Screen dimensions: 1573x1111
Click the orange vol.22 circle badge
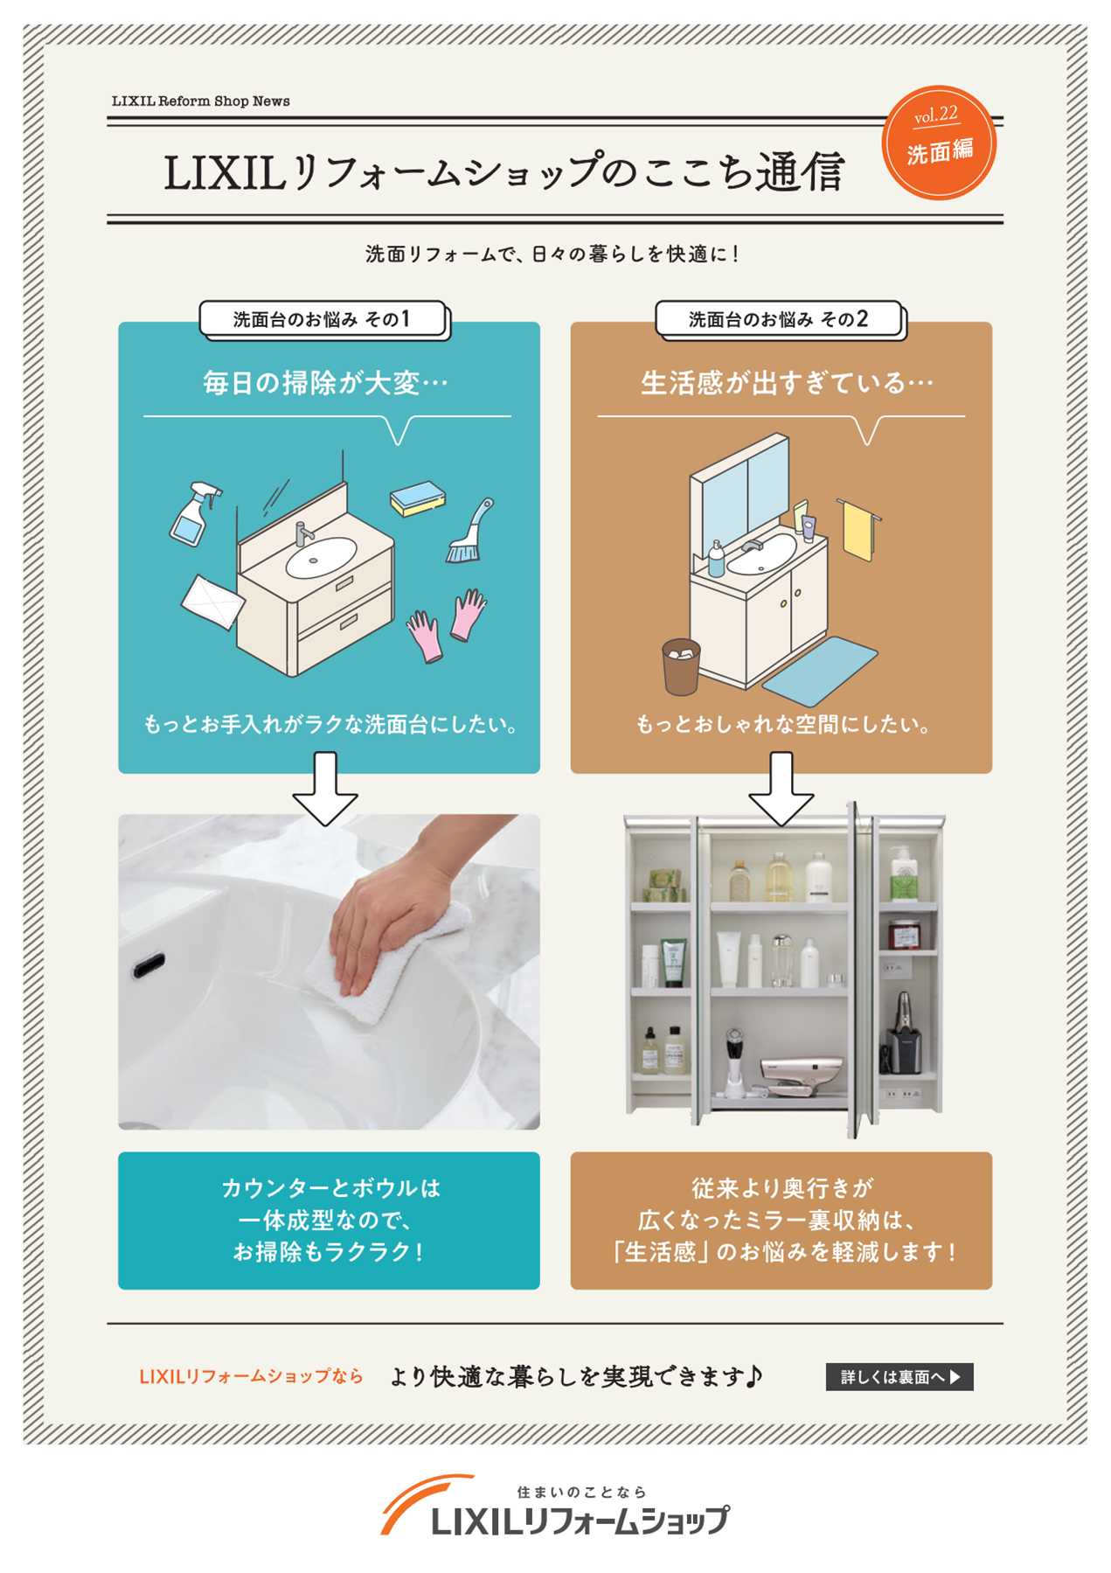[939, 142]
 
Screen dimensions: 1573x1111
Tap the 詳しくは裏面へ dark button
[899, 1376]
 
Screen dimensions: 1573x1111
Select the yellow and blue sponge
[417, 498]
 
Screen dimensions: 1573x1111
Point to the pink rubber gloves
[446, 623]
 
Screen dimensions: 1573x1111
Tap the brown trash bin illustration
[680, 666]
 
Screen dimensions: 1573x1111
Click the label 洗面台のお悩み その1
[323, 319]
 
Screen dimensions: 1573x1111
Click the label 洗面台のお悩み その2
[778, 319]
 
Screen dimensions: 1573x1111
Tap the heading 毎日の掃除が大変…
[325, 383]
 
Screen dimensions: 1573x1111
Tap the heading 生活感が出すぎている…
[787, 383]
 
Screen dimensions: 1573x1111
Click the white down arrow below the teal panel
[325, 789]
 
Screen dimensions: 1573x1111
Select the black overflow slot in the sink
[149, 965]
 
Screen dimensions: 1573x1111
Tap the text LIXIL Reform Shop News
[200, 101]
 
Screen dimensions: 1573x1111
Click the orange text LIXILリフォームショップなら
[251, 1376]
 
